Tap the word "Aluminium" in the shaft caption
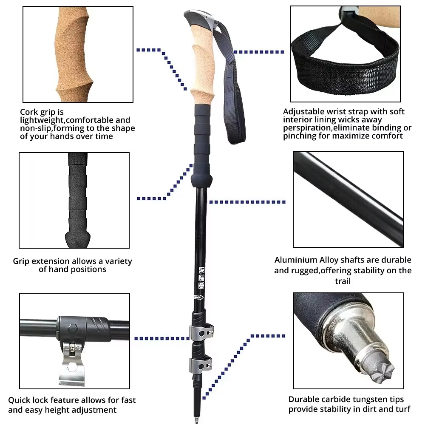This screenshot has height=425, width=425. coord(295,260)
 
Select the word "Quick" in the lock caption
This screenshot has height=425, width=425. coord(19,400)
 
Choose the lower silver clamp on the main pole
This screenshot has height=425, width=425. coord(200,363)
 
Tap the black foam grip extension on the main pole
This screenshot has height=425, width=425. coord(202,140)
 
